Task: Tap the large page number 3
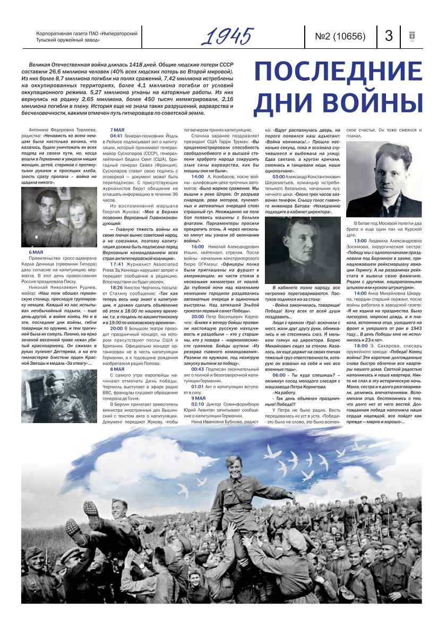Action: click(x=389, y=36)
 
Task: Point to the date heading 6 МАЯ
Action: click(x=36, y=251)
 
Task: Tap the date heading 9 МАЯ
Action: click(x=198, y=398)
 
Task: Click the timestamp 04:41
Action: click(x=116, y=135)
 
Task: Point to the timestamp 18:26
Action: click(x=116, y=287)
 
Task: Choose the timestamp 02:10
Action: click(x=197, y=403)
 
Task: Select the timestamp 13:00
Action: click(x=360, y=240)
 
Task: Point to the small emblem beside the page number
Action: click(x=411, y=36)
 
